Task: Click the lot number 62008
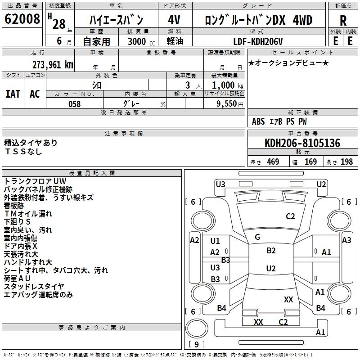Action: click(x=22, y=20)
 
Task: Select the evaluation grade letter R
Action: click(x=343, y=21)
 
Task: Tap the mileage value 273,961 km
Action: click(x=53, y=65)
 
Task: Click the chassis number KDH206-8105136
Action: click(x=302, y=144)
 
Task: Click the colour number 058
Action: click(x=74, y=103)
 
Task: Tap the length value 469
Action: click(x=273, y=162)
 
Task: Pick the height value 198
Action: click(x=346, y=162)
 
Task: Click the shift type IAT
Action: click(x=13, y=94)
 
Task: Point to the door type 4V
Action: click(x=174, y=20)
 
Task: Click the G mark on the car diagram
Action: click(x=257, y=237)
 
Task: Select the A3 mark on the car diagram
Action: click(x=346, y=240)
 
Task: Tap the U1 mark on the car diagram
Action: click(x=215, y=241)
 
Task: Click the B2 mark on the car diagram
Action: click(x=271, y=251)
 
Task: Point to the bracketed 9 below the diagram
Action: click(x=196, y=345)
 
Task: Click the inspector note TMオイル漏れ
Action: click(x=28, y=213)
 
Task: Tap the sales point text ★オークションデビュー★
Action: click(x=288, y=63)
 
